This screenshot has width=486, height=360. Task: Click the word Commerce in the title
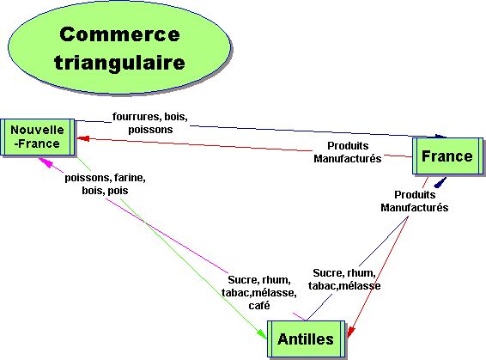(x=120, y=35)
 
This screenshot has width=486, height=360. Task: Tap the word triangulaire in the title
(x=119, y=63)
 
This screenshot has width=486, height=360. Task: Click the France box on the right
(x=447, y=156)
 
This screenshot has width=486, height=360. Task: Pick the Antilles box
(x=306, y=339)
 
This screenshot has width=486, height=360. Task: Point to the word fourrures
(x=136, y=116)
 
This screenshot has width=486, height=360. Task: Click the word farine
(x=131, y=178)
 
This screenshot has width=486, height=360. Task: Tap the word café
(x=258, y=305)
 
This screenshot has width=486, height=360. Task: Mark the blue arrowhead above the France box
(x=441, y=135)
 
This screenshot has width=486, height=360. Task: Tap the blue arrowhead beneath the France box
(x=440, y=181)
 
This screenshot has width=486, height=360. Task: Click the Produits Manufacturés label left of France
(x=347, y=152)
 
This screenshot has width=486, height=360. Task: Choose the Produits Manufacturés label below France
(x=415, y=201)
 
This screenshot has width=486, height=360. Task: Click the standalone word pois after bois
(x=118, y=191)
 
